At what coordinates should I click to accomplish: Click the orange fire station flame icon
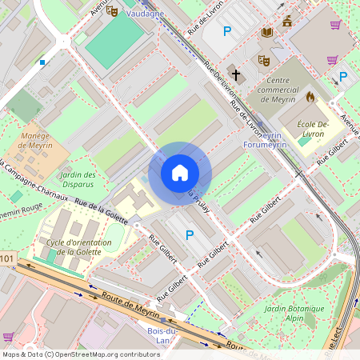tap(310, 97)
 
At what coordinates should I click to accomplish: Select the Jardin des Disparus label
tap(78, 179)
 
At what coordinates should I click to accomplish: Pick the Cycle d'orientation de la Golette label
tap(77, 246)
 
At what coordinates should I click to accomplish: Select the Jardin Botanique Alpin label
tap(294, 313)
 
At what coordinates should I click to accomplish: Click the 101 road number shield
tap(6, 258)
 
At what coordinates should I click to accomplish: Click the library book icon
tap(267, 32)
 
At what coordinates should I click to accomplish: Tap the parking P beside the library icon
tap(227, 31)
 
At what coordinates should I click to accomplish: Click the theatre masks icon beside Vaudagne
tap(112, 11)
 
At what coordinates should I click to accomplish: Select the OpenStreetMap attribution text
tap(80, 354)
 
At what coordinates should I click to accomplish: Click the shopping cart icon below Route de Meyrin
tap(9, 336)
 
